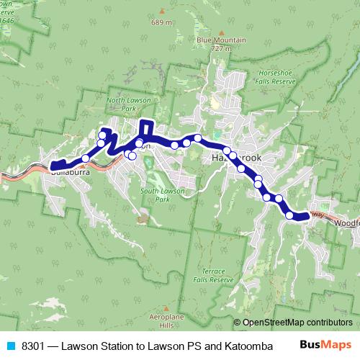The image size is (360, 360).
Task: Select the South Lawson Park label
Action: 159,194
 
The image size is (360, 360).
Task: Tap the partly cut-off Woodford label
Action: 347,223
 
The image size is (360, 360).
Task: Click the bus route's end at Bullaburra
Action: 52,168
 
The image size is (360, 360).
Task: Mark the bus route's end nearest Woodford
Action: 307,215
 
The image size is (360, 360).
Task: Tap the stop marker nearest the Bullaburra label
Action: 86,158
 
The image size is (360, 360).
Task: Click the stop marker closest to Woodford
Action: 290,215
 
